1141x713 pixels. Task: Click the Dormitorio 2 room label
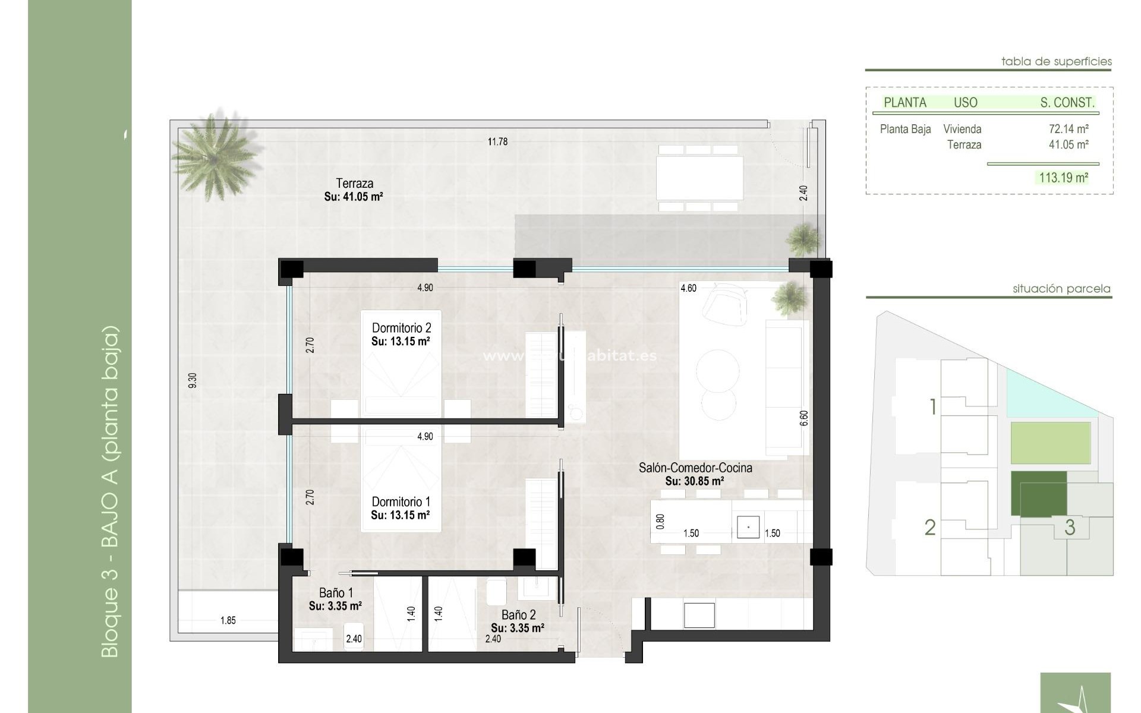pyautogui.click(x=401, y=327)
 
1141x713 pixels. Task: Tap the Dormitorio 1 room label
pyautogui.click(x=401, y=501)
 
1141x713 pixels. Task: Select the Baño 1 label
pyautogui.click(x=336, y=592)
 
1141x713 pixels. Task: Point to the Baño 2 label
pyautogui.click(x=518, y=614)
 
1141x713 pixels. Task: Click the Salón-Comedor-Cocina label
pyautogui.click(x=695, y=468)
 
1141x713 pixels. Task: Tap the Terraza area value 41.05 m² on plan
pyautogui.click(x=354, y=197)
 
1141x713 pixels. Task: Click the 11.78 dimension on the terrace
pyautogui.click(x=497, y=141)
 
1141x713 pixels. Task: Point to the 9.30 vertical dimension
pyautogui.click(x=192, y=381)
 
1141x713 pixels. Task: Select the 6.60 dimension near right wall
pyautogui.click(x=804, y=418)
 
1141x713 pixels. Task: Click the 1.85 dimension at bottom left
pyautogui.click(x=228, y=620)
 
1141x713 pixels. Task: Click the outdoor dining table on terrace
pyautogui.click(x=699, y=178)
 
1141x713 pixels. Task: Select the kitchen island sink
pyautogui.click(x=748, y=527)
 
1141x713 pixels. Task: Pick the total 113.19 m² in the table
pyautogui.click(x=1063, y=177)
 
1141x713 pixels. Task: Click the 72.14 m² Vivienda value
pyautogui.click(x=1068, y=129)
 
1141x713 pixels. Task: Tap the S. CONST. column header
pyautogui.click(x=1067, y=102)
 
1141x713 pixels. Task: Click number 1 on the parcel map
pyautogui.click(x=932, y=407)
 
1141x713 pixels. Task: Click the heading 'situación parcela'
pyautogui.click(x=1061, y=289)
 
